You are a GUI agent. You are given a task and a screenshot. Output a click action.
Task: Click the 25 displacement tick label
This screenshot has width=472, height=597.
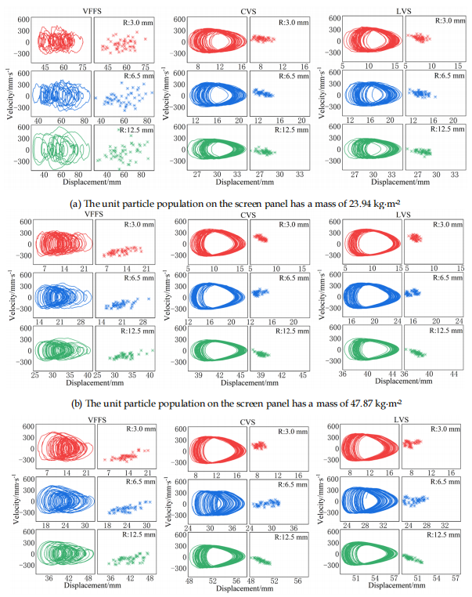tap(35, 374)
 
